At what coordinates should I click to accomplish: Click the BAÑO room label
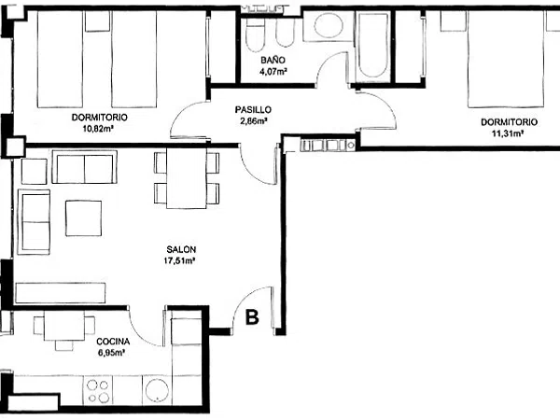[273, 60]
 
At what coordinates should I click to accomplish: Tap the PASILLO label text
[253, 109]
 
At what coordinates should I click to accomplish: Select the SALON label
[181, 249]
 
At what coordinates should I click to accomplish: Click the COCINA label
[113, 342]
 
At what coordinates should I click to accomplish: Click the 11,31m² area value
[508, 133]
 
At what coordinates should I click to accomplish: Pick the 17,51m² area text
[179, 260]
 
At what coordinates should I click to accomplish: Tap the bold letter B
[252, 316]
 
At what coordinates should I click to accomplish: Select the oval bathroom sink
[329, 25]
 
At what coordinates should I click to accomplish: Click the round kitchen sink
[155, 391]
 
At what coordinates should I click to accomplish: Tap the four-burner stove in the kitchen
[98, 391]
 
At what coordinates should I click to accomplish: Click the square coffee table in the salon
[84, 218]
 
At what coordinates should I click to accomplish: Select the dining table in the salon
[187, 178]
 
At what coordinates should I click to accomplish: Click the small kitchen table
[64, 326]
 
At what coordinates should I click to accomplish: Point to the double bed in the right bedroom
[506, 59]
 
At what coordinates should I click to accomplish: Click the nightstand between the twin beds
[97, 21]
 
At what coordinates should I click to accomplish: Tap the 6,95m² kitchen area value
[111, 353]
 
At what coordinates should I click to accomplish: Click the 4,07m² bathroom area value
[273, 72]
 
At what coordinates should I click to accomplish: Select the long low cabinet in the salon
[61, 293]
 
